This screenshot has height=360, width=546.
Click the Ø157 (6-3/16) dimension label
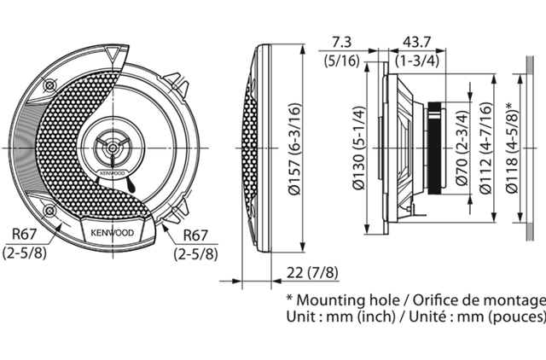click(x=293, y=148)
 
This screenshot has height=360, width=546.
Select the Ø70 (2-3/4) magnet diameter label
click(x=462, y=148)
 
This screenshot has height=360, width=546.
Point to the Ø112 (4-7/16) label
click(x=485, y=148)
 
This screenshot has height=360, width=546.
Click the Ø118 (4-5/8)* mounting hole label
click(x=512, y=148)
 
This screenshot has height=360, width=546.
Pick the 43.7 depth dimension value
click(x=417, y=43)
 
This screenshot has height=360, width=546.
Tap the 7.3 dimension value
click(x=341, y=43)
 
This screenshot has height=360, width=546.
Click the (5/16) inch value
click(x=341, y=61)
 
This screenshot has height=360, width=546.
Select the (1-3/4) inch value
click(x=417, y=61)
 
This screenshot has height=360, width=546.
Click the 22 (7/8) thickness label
click(x=312, y=273)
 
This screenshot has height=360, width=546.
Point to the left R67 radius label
click(x=24, y=234)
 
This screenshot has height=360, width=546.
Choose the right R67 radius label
click(x=195, y=235)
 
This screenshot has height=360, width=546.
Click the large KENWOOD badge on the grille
click(x=113, y=233)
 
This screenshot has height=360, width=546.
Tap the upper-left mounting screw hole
click(x=49, y=85)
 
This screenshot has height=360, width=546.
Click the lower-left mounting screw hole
click(x=49, y=211)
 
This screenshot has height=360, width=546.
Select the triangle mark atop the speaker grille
click(x=112, y=55)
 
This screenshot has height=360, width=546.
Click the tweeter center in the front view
click(x=112, y=148)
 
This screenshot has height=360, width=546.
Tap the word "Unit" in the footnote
click(x=300, y=316)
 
